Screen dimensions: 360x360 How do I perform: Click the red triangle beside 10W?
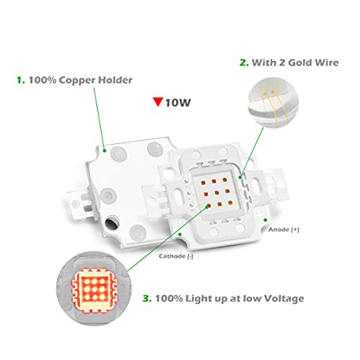(x=156, y=102)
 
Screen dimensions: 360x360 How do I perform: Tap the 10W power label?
(x=176, y=102)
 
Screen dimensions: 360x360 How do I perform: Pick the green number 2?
(x=243, y=63)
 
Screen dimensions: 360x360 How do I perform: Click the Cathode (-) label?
(x=176, y=255)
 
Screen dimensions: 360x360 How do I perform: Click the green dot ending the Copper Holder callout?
(x=105, y=152)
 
